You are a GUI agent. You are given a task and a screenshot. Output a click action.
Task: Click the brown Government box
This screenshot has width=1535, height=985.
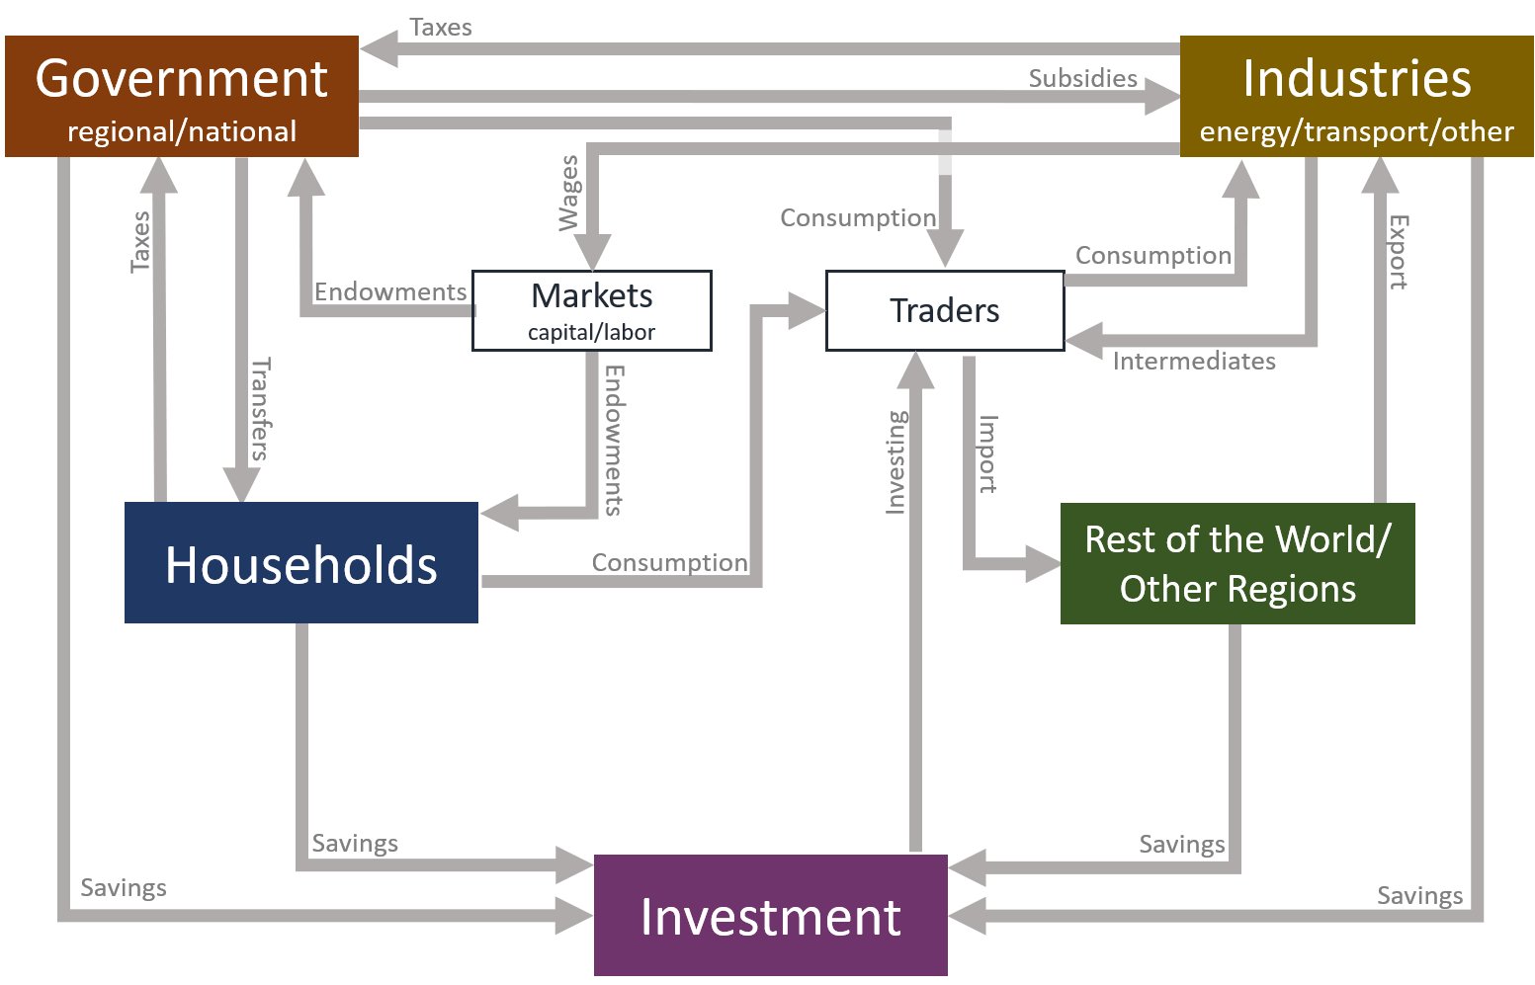(182, 96)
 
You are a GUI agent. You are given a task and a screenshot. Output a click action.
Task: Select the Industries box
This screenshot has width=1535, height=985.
(1356, 96)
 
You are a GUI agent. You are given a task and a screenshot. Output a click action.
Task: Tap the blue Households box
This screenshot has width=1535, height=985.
(301, 563)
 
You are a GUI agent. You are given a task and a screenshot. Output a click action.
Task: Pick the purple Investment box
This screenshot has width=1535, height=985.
(771, 916)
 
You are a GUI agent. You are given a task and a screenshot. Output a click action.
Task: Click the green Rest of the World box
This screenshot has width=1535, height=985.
(1237, 563)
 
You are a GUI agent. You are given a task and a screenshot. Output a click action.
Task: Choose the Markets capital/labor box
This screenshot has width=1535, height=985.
(592, 310)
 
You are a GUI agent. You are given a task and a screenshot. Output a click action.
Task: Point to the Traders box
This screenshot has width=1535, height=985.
(945, 311)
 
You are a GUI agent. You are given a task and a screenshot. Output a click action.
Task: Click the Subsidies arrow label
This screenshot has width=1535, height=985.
(1082, 78)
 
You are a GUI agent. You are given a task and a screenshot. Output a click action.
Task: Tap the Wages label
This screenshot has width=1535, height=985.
(568, 194)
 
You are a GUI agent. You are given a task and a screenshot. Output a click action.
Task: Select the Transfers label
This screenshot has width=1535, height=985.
(260, 409)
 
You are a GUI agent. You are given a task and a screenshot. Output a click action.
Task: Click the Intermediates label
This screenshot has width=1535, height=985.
(1194, 362)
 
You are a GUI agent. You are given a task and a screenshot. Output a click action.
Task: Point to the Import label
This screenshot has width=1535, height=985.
(987, 453)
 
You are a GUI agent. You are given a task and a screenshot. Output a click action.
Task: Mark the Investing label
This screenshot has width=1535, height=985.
(895, 462)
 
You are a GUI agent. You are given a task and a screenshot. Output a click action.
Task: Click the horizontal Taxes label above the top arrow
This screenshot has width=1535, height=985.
(440, 28)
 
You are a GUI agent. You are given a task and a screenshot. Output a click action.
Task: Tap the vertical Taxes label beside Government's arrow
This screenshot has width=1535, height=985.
(140, 241)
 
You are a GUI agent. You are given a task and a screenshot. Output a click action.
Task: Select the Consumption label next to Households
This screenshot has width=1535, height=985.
(669, 562)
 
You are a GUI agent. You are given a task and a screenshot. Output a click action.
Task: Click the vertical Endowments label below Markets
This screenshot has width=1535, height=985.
(614, 441)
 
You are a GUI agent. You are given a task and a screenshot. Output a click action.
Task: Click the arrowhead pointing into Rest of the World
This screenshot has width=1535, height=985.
(1042, 564)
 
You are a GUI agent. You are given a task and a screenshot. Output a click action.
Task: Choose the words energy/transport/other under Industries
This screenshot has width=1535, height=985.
(1356, 132)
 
